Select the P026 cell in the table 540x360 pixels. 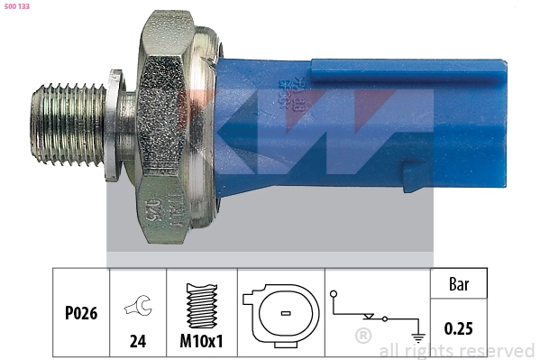pyautogui.click(x=80, y=315)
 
